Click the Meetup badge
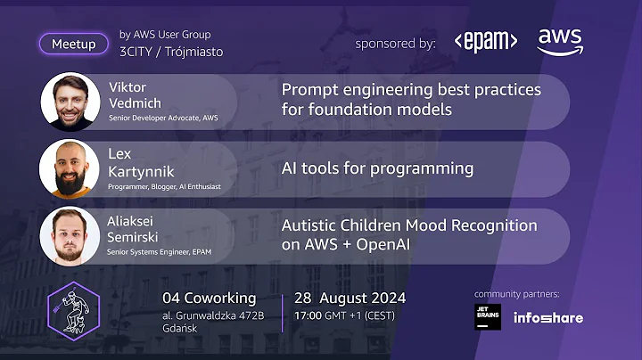(73, 44)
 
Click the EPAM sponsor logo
(485, 42)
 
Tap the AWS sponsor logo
(560, 41)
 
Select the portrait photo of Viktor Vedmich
(70, 102)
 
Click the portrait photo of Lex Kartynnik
(70, 168)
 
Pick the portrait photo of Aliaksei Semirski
(70, 235)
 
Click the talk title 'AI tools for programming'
(377, 168)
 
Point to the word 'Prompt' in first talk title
(309, 90)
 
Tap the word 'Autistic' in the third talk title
(312, 225)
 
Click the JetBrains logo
(488, 317)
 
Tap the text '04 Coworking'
(209, 298)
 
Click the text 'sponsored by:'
(395, 43)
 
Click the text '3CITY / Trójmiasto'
(171, 52)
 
